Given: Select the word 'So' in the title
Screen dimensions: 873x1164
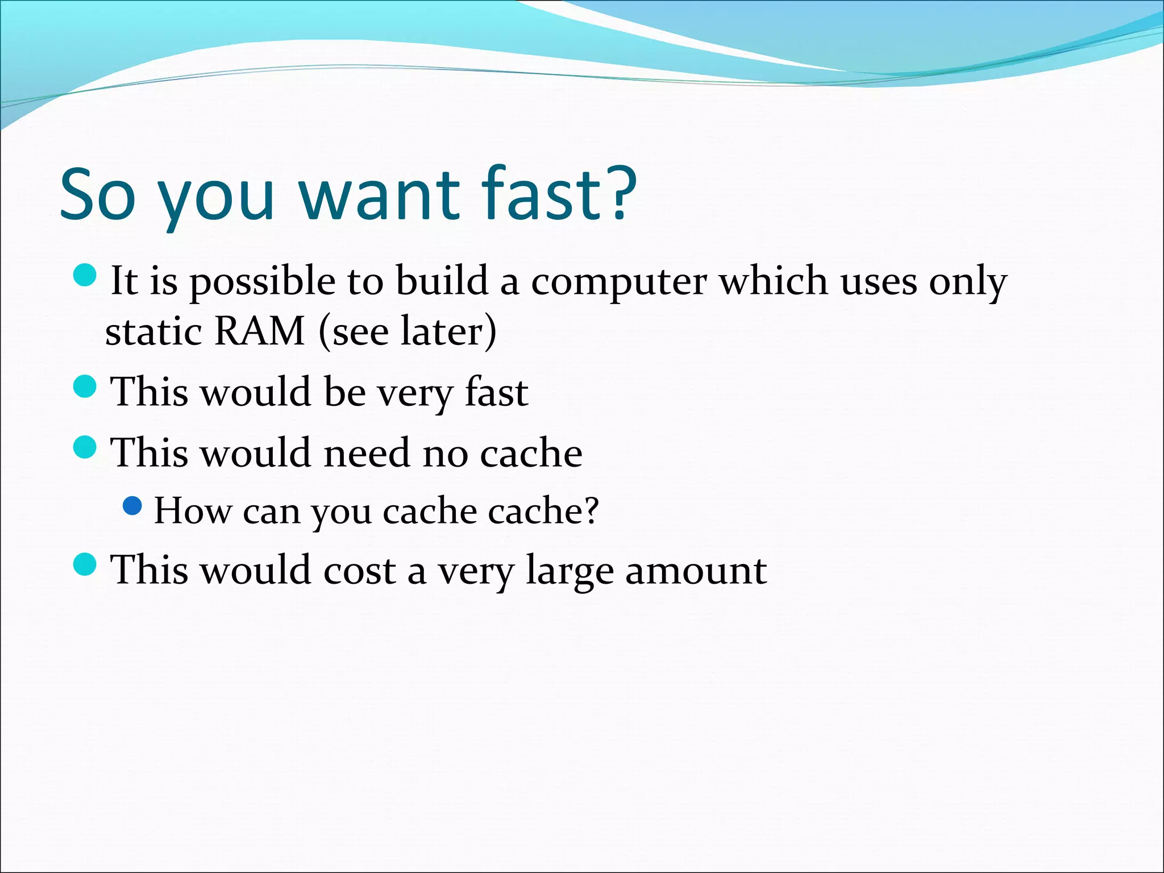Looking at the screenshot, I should pos(98,194).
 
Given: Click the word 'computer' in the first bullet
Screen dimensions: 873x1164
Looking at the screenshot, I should pos(619,282).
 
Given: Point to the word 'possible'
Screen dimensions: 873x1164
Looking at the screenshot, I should pos(262,282).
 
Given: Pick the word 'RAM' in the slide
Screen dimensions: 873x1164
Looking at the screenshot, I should pos(260,331).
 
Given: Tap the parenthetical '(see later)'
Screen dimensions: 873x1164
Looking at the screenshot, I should pos(408,331).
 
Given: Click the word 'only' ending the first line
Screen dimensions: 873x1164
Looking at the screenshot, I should pos(967,282).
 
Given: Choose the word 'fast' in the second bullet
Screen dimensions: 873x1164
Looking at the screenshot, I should pos(496,392).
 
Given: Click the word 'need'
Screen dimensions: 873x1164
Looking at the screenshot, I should pos(367,453).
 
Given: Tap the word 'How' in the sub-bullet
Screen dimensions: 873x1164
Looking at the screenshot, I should pos(193,510).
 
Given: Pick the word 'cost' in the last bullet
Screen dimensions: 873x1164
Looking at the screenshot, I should pos(359,570).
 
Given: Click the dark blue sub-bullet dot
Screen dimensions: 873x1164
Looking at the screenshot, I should pos(132,505).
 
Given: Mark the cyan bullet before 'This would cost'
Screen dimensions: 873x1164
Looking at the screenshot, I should pos(86,564).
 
